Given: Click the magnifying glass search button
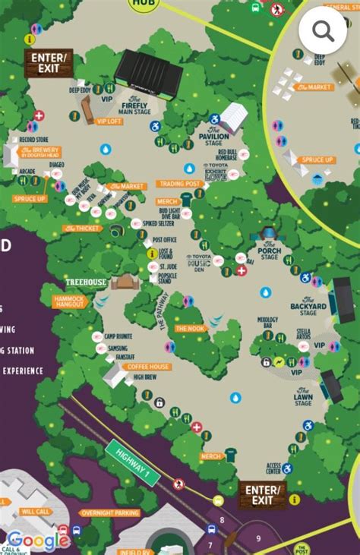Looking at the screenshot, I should coord(322,30).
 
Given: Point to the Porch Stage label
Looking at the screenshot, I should coord(269,251).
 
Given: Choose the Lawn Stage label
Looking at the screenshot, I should coord(303,393).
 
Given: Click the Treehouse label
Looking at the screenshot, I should coord(86,282).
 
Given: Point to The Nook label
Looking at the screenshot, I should coord(190,328).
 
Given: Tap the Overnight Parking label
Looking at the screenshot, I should coord(110,512).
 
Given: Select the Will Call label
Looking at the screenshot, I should coord(35,512).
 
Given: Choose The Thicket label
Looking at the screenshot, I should coord(81,228).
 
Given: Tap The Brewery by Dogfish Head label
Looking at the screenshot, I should coord(45,153).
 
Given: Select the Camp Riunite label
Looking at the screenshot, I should coord(119,336).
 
